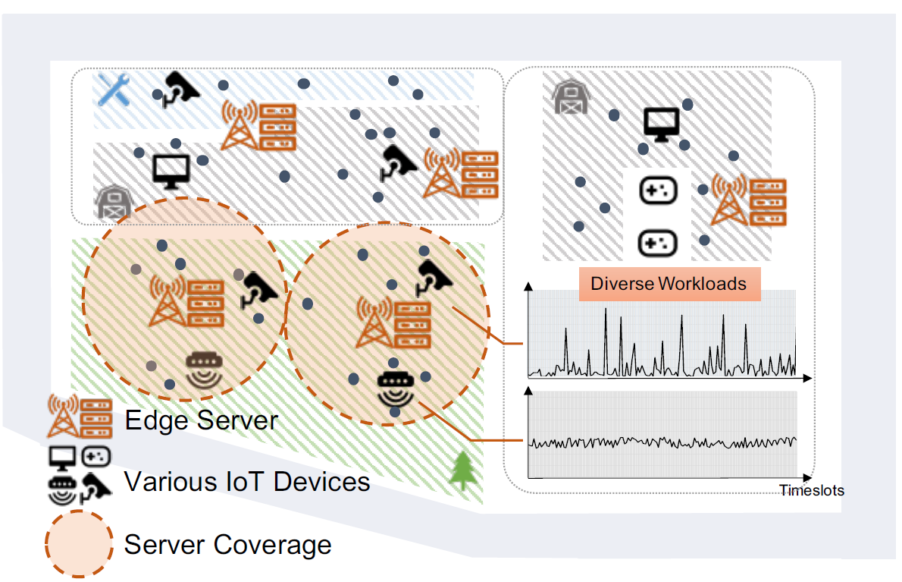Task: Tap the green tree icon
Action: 460,471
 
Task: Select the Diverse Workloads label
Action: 669,285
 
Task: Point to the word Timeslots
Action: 812,490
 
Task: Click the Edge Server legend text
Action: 202,420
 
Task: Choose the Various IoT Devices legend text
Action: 247,481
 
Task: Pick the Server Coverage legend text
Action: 227,544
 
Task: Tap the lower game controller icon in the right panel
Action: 656,243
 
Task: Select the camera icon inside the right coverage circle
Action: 434,277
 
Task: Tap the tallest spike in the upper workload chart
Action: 606,313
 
